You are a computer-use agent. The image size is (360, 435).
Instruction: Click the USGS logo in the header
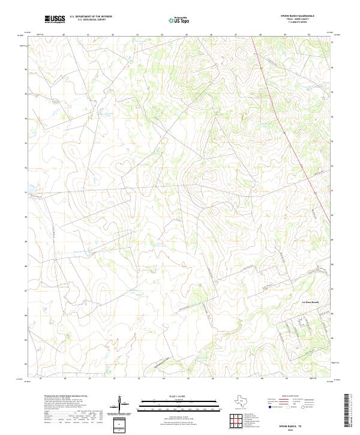click(x=55, y=19)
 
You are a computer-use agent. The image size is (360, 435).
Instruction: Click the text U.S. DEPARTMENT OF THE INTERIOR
click(x=91, y=16)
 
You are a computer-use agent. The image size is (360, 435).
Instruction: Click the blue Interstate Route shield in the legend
click(x=268, y=407)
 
